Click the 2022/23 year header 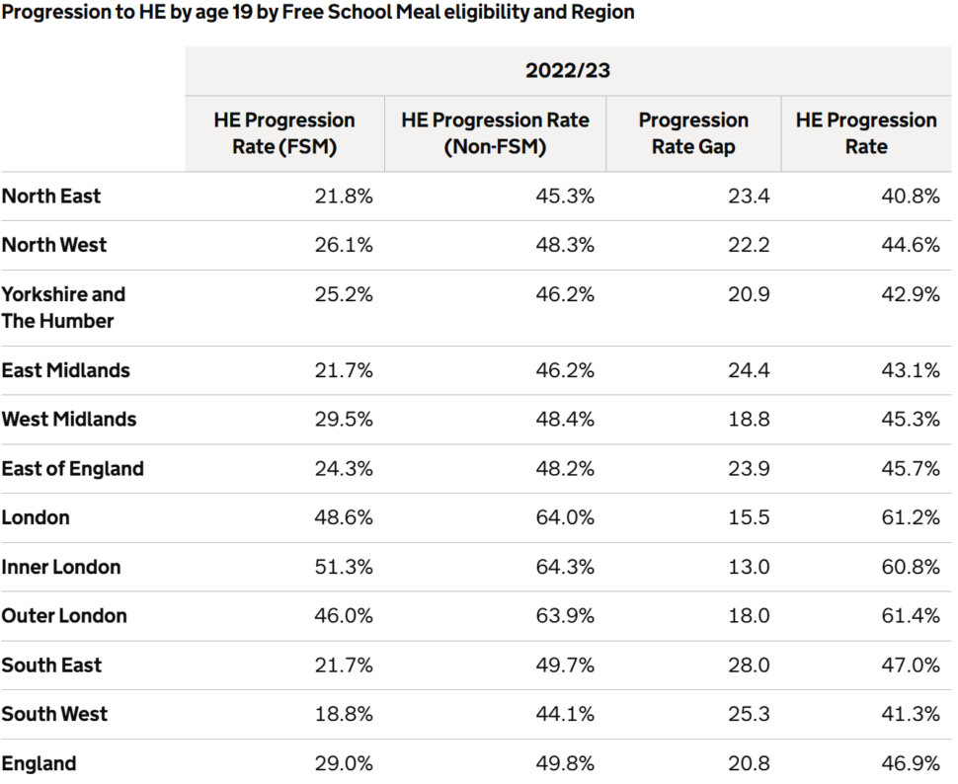point(568,70)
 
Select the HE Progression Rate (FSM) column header point(284,133)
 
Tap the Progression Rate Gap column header point(693,133)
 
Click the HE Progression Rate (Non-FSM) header point(495,133)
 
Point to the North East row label point(51,196)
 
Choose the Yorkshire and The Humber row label point(63,307)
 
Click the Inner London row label point(61,567)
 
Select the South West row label point(54,714)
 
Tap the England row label point(40,764)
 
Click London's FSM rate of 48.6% point(344,517)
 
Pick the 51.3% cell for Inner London point(344,567)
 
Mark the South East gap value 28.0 point(749,665)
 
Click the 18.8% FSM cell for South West point(344,714)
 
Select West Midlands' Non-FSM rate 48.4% point(565,420)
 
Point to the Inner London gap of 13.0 point(749,567)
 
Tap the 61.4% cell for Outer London point(911,615)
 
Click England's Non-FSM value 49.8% point(565,764)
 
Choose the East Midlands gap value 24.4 point(749,370)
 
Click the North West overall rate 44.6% point(911,245)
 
